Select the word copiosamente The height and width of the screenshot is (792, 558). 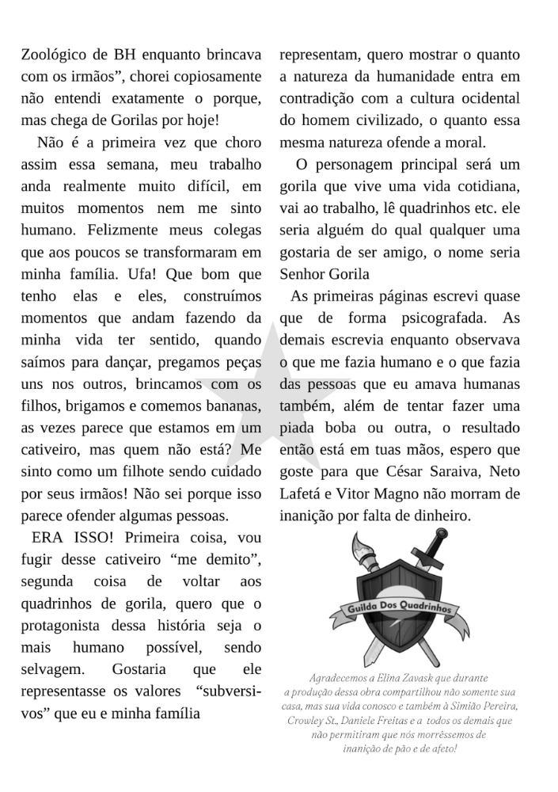click(214, 77)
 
